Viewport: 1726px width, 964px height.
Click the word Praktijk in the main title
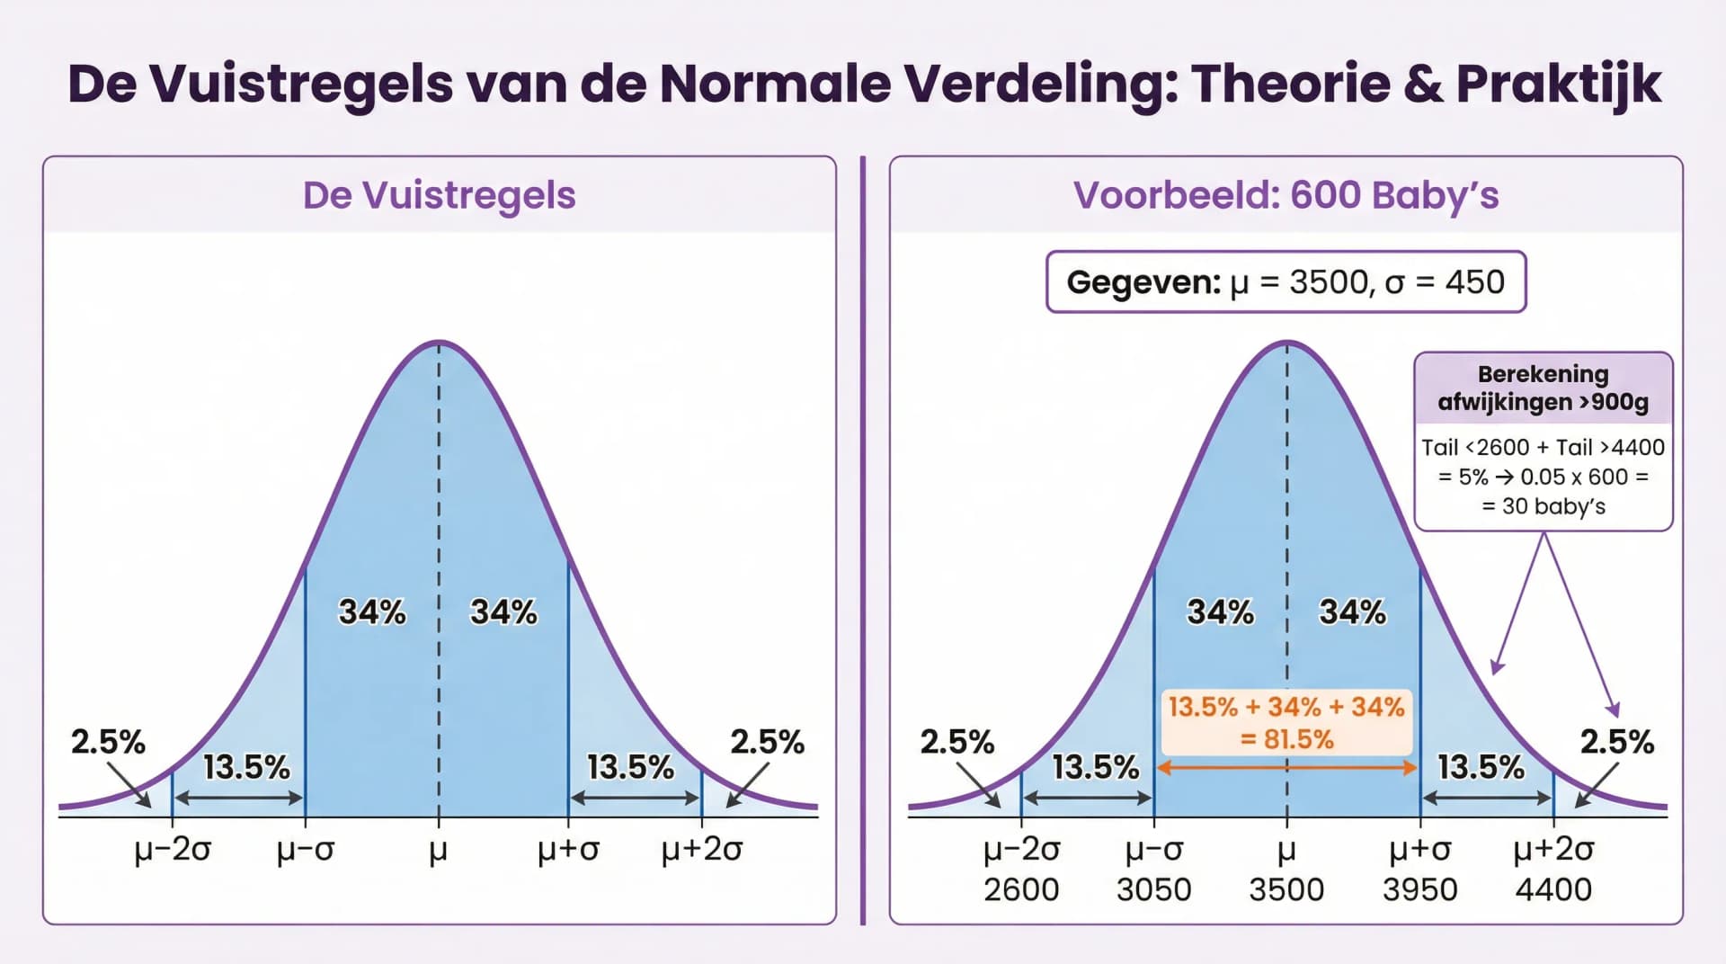click(1558, 84)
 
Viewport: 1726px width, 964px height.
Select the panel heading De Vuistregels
click(439, 195)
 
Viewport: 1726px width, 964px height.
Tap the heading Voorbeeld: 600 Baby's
click(1286, 195)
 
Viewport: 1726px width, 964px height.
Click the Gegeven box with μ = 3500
click(1286, 282)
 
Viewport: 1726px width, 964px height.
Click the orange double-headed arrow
click(1286, 768)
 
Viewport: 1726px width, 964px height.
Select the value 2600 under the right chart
click(1020, 889)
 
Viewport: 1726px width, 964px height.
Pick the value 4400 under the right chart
click(1553, 889)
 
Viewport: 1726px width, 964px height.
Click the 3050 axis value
click(1153, 889)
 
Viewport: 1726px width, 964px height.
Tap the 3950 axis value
click(1419, 889)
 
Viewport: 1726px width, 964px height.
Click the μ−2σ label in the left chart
click(172, 849)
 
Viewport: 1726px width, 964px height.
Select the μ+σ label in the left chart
click(568, 849)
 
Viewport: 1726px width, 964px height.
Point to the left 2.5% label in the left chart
click(108, 742)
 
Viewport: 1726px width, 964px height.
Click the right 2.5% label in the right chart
click(1616, 742)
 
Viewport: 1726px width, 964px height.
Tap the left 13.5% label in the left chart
click(246, 767)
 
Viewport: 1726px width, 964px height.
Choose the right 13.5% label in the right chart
click(1481, 767)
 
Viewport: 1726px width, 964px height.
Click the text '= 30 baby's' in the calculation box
click(1543, 506)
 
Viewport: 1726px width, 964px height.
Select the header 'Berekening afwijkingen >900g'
click(1543, 388)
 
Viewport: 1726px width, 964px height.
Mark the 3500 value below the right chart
click(1286, 889)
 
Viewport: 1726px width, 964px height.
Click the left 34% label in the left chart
click(371, 612)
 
